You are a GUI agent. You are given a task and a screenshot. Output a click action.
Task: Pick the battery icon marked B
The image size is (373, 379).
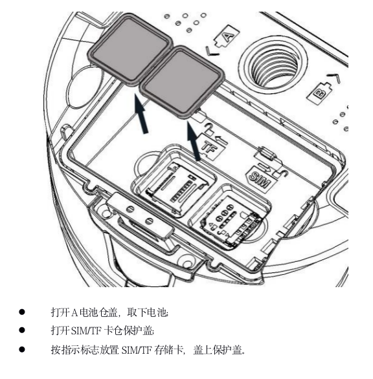click(x=319, y=93)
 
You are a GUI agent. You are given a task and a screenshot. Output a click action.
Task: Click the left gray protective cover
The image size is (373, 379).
click(x=130, y=49)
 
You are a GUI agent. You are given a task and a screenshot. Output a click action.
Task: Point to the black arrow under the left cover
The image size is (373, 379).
click(x=141, y=114)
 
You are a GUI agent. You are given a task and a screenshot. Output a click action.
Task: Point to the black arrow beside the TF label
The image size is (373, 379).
click(x=194, y=141)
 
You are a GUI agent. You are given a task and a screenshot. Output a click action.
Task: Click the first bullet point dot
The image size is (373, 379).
click(x=22, y=312)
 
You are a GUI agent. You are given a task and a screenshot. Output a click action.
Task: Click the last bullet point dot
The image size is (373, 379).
click(x=22, y=349)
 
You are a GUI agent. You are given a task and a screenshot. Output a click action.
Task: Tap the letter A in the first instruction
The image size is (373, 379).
click(x=74, y=312)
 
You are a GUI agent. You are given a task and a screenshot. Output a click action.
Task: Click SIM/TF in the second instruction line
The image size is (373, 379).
click(x=86, y=330)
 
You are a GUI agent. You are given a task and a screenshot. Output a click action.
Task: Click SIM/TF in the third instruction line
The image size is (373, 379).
click(x=137, y=350)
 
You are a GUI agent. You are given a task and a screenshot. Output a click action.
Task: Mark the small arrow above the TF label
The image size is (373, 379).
click(x=220, y=140)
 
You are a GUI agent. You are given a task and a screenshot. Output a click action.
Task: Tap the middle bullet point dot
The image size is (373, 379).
click(x=22, y=330)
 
